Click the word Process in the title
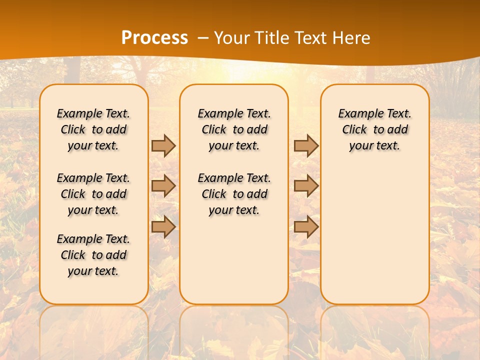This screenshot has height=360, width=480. point(154,38)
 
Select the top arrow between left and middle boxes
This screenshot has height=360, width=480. point(163,145)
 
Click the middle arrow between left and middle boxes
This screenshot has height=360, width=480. point(163,186)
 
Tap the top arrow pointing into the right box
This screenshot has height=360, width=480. point(306,145)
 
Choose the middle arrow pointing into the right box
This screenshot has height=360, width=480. point(306,186)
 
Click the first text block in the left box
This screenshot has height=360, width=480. point(93,129)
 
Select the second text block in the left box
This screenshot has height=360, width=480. point(93,194)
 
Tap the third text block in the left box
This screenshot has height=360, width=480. point(93,255)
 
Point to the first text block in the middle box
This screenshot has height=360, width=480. point(234,129)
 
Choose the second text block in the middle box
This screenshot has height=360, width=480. point(234,194)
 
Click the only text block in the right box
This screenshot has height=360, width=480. point(374,129)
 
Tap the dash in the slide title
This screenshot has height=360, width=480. point(203,38)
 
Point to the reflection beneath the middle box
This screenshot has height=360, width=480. point(234,330)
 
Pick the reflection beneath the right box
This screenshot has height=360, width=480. point(374,330)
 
